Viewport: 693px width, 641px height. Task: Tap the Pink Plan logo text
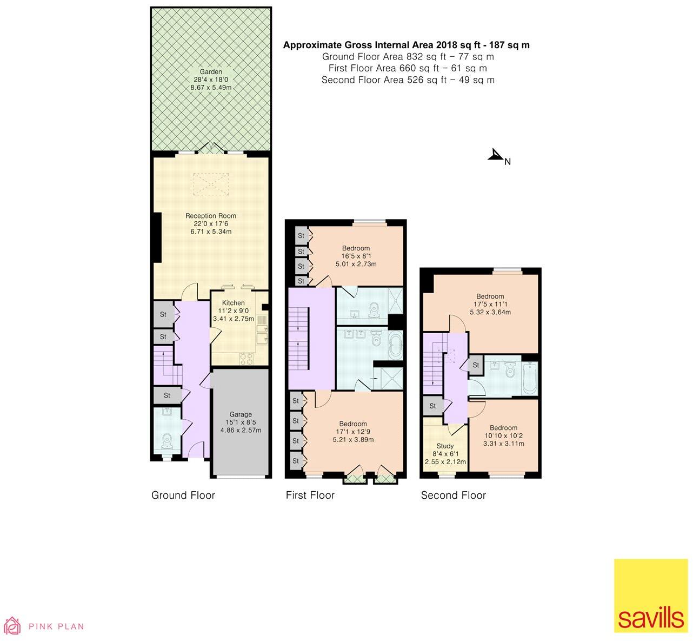56,626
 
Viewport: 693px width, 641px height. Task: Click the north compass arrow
496,156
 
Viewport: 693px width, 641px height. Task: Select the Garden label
211,72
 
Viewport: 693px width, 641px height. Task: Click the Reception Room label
211,216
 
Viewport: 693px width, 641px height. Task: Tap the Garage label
241,414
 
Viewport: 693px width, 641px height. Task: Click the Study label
445,446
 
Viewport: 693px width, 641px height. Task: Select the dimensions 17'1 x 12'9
353,432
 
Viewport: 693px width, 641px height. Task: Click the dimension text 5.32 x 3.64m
490,312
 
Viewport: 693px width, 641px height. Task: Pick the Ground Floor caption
183,495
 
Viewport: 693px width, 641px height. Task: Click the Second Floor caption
453,495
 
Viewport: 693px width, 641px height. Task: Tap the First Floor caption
310,495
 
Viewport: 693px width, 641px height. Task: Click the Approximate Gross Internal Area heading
406,45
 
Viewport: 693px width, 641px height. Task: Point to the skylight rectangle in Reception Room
210,183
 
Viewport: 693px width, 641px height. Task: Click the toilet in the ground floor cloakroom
168,442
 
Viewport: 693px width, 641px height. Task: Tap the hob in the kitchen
246,358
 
